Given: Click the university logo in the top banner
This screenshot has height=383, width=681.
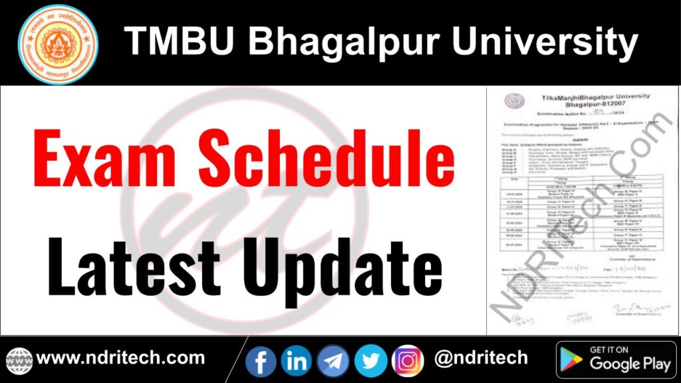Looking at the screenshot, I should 58,44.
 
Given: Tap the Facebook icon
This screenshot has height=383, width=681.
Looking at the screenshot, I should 261,360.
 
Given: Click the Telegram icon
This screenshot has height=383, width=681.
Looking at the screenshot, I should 333,360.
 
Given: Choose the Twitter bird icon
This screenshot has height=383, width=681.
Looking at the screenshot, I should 370,360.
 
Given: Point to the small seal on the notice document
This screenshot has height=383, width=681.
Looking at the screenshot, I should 513,100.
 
